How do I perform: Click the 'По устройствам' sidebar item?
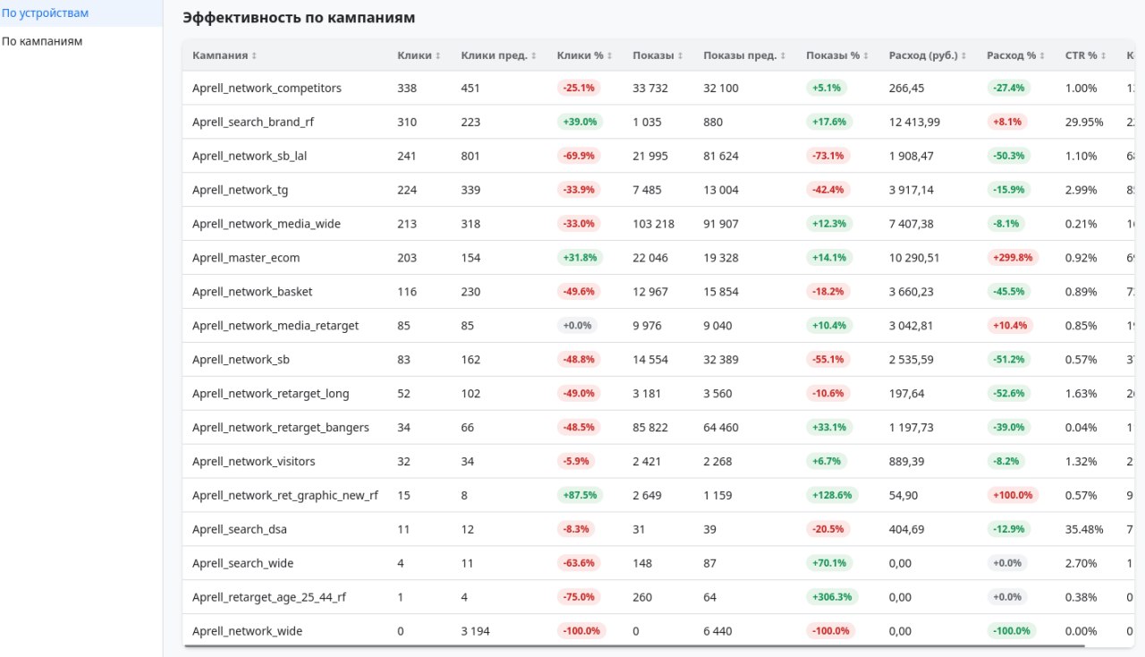pos(45,13)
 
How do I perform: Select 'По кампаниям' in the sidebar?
pos(42,41)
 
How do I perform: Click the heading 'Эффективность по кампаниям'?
pos(299,18)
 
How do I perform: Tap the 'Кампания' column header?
pos(220,55)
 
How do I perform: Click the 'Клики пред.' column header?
pos(493,55)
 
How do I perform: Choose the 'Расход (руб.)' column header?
pos(923,55)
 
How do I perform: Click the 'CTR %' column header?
pos(1081,55)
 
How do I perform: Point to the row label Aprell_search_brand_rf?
pos(253,122)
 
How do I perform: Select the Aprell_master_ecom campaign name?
pos(246,258)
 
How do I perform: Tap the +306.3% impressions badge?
pos(832,597)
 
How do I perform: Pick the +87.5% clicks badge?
pos(580,495)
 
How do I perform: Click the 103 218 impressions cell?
pos(653,224)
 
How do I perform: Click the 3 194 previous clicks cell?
pos(477,631)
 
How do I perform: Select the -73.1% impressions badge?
pos(828,156)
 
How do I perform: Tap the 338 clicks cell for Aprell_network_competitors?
pos(407,88)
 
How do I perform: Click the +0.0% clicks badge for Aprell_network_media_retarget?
pos(577,326)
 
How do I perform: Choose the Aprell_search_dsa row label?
pos(239,529)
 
